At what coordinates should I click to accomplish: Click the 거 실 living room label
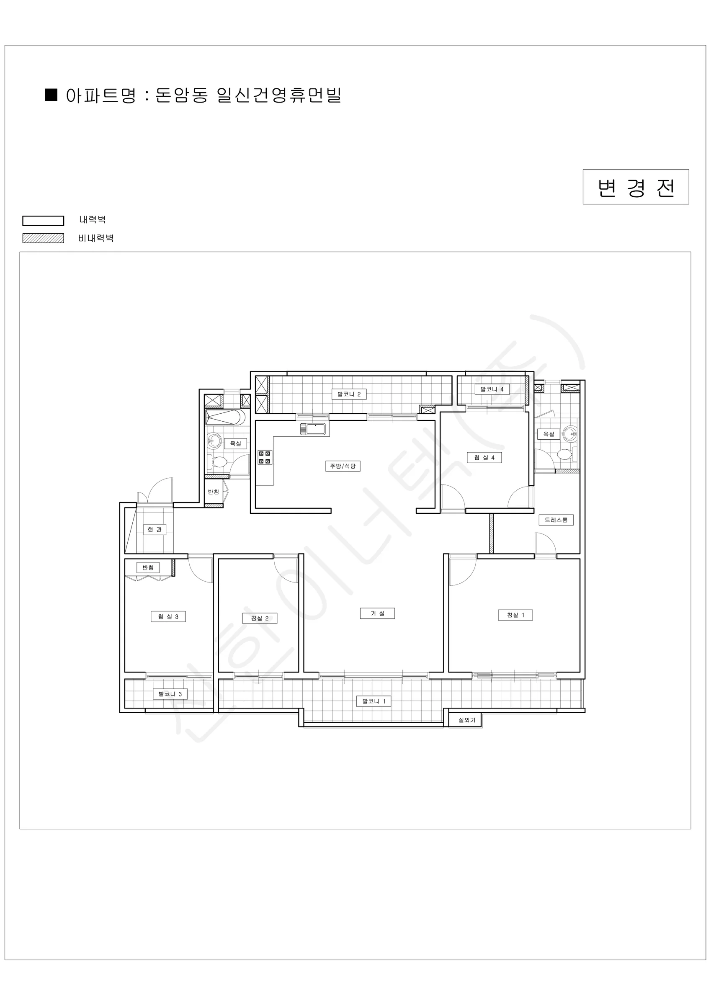point(377,613)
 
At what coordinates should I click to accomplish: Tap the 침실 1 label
point(515,615)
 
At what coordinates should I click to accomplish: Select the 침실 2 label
point(260,618)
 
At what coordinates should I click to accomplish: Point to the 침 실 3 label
point(168,616)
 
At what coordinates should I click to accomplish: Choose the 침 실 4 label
point(484,457)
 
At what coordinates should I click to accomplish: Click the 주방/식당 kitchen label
point(343,466)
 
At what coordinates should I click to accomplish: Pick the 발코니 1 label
point(374,701)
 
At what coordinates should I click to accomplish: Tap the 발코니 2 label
point(349,394)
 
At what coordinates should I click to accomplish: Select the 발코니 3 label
point(170,694)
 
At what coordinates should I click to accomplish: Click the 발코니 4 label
point(492,389)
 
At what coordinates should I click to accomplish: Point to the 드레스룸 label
point(556,520)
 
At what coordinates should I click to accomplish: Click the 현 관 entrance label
point(155,529)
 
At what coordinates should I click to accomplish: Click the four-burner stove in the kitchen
point(265,457)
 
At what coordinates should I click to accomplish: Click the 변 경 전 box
point(636,187)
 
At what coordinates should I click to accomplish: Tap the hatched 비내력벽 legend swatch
point(44,238)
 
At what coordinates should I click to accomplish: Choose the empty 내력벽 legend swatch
point(44,220)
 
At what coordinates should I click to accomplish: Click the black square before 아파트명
point(52,95)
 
